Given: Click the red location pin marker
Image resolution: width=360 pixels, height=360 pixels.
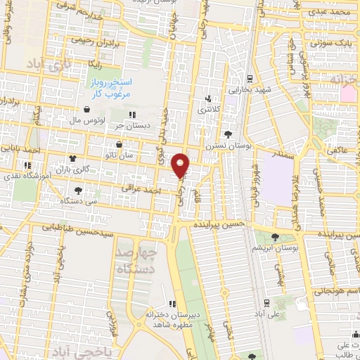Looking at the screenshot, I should tap(181, 165).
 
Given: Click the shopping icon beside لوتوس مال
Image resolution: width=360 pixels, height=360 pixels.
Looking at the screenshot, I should tap(86, 110).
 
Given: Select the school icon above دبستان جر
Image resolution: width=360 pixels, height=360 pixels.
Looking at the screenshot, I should tap(131, 115).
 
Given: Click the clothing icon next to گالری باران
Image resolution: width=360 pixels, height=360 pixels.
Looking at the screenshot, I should tap(72, 160).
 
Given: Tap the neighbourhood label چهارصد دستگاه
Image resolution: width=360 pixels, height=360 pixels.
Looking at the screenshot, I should tap(139, 255).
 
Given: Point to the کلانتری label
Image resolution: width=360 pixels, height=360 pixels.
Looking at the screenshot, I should tap(208, 110).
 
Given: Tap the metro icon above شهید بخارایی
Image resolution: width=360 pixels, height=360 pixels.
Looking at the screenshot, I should tap(251, 78).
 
